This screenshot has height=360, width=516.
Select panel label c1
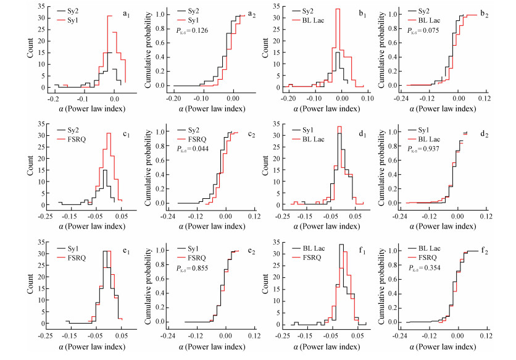(126, 132)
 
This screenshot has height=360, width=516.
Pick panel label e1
(126, 251)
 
